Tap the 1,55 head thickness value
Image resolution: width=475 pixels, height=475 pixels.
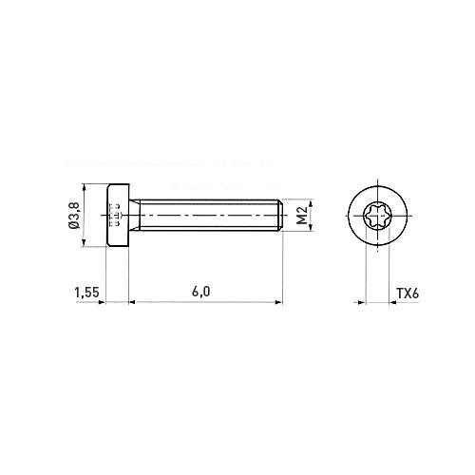(x=86, y=293)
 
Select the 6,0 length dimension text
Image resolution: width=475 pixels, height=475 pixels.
(x=200, y=292)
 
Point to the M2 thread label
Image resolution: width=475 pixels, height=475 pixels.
(x=303, y=215)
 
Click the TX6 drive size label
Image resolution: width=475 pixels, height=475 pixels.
(x=408, y=294)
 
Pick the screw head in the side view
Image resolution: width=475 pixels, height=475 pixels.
(x=118, y=215)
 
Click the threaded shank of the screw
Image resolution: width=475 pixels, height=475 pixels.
(x=209, y=215)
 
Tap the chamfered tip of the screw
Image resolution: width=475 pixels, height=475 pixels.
(x=280, y=215)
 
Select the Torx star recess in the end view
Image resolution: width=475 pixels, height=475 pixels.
(x=377, y=216)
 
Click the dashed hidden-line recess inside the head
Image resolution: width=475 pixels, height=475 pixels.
(x=115, y=215)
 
